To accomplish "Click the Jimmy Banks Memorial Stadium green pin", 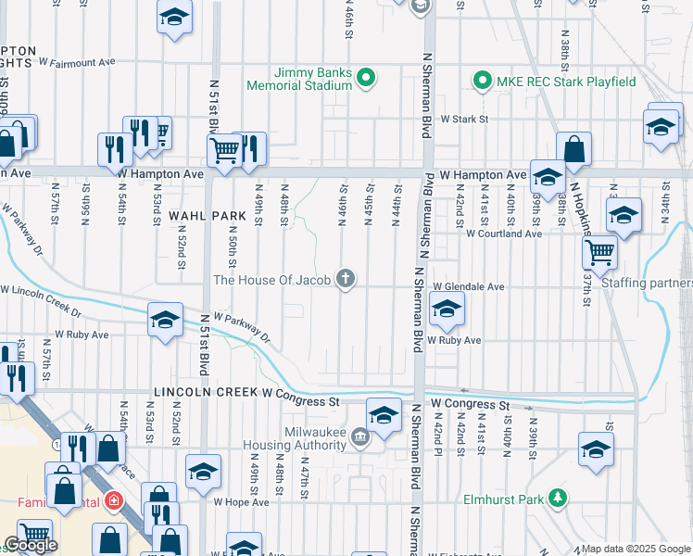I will pyautogui.click(x=366, y=78).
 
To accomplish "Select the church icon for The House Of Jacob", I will pyautogui.click(x=346, y=278).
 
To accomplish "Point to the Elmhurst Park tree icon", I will pyautogui.click(x=558, y=499).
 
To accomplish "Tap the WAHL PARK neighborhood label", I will pyautogui.click(x=208, y=215).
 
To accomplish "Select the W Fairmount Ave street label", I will pyautogui.click(x=76, y=62).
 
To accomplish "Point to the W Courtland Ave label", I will pyautogui.click(x=503, y=234).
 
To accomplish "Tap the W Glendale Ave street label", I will pyautogui.click(x=468, y=287).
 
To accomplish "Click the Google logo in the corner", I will pyautogui.click(x=31, y=545).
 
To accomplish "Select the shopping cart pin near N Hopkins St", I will pyautogui.click(x=600, y=250).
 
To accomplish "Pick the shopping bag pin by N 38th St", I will pyautogui.click(x=574, y=148).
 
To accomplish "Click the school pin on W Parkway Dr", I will pyautogui.click(x=165, y=321).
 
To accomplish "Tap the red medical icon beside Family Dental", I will pyautogui.click(x=113, y=501).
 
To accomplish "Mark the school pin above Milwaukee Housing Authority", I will pyautogui.click(x=383, y=413).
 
